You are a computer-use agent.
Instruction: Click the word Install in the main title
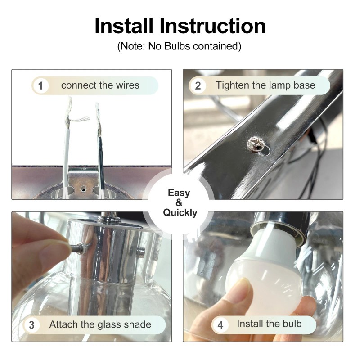tap(124, 26)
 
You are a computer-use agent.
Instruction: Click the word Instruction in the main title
tap(212, 26)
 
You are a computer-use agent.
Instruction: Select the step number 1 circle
tap(40, 86)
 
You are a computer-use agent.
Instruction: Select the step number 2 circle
tap(198, 86)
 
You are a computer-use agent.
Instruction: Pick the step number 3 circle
tap(31, 325)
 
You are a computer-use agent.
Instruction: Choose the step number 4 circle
tap(220, 325)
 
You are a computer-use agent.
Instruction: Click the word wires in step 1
tap(128, 85)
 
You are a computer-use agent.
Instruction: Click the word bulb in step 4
tap(292, 324)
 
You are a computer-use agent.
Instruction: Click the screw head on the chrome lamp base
tap(255, 144)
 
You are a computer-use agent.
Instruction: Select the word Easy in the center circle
tap(179, 193)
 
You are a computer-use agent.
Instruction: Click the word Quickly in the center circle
tap(180, 213)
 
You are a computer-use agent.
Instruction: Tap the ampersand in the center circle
tap(179, 203)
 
